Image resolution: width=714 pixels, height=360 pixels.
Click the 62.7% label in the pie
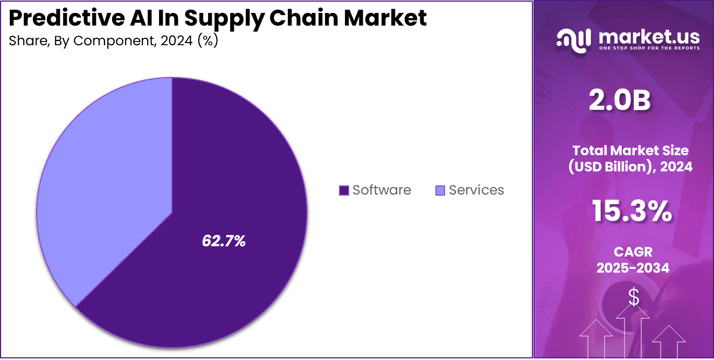click(224, 241)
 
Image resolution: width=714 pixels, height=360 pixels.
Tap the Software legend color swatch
click(344, 190)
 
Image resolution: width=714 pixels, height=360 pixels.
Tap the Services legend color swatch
click(440, 190)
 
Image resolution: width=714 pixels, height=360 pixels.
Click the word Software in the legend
click(382, 190)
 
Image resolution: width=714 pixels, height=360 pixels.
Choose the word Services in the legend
click(476, 190)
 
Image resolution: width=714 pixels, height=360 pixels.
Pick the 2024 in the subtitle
click(175, 41)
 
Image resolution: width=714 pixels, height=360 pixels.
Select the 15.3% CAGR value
click(632, 211)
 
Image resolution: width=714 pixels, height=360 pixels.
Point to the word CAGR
click(633, 252)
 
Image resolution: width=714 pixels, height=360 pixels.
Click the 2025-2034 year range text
click(633, 267)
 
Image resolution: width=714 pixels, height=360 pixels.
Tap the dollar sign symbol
click(634, 297)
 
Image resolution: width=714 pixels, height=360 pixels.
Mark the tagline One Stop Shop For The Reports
click(649, 48)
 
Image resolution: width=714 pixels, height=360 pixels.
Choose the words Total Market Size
click(630, 150)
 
